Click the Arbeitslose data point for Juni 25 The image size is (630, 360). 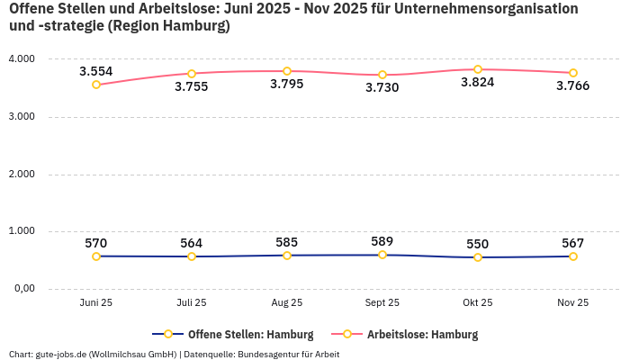(x=96, y=85)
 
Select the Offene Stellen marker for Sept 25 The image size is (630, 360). (x=382, y=255)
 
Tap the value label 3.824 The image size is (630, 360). (x=477, y=82)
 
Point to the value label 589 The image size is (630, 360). (x=382, y=241)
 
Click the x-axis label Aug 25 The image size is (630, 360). (x=287, y=303)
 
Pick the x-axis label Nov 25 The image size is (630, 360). (x=572, y=303)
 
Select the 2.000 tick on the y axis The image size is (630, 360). (x=21, y=174)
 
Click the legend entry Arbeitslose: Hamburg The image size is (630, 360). (x=422, y=335)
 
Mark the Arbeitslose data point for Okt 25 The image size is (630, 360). (x=478, y=69)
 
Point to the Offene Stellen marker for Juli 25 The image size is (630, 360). (x=192, y=256)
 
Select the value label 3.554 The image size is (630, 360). (x=96, y=71)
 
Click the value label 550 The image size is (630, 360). (x=477, y=244)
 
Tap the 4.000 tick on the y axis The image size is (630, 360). (x=21, y=58)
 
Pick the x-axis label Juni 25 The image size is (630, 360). (x=96, y=303)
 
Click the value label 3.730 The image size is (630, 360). (x=382, y=87)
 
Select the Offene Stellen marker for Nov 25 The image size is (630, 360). (x=572, y=256)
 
